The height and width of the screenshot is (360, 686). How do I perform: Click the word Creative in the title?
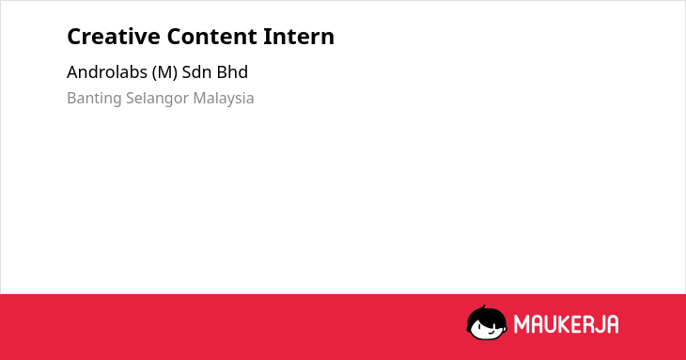pos(114,37)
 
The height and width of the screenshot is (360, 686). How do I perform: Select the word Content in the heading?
pos(211,37)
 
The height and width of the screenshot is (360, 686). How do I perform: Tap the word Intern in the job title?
pos(299,37)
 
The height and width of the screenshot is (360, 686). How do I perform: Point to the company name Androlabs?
pos(107,71)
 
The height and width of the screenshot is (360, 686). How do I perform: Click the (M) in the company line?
pos(164,72)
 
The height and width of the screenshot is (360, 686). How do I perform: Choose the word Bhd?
pos(232,71)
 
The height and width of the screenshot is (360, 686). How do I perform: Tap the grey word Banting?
pos(94,99)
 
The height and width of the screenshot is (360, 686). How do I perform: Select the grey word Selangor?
pos(157,99)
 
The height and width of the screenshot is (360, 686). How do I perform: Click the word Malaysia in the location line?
pos(224,99)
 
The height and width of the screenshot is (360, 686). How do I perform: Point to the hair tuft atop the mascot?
pos(483,307)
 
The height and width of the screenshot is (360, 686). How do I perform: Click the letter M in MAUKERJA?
pos(522,324)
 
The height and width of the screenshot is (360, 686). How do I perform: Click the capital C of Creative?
pos(74,37)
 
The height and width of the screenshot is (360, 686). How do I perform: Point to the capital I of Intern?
pos(266,37)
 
